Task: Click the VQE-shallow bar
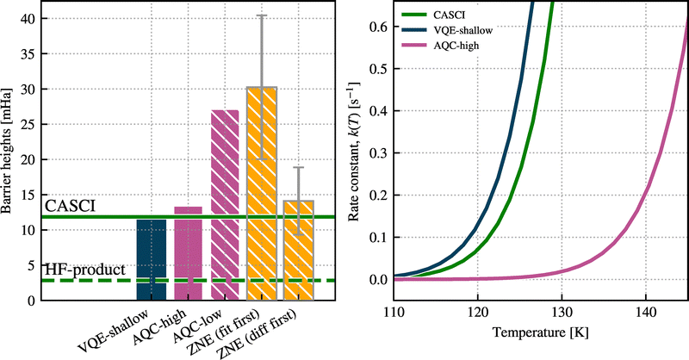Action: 152,258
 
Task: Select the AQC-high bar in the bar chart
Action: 189,253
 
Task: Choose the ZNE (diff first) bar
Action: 298,250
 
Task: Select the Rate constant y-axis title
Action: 354,152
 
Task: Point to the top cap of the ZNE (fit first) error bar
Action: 262,16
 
